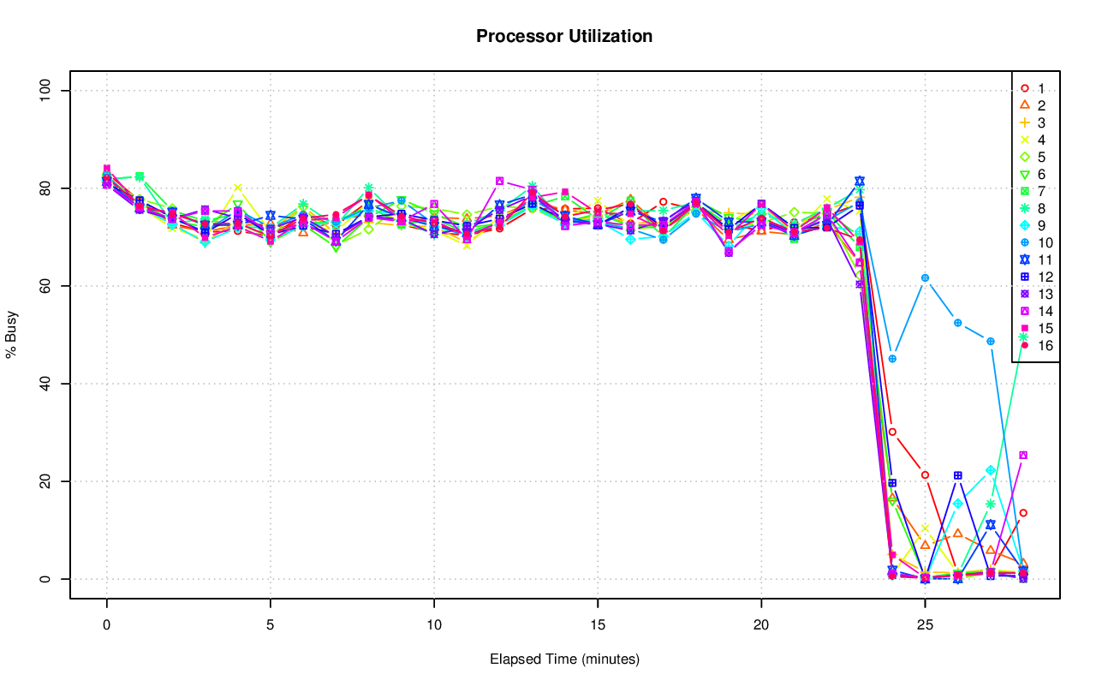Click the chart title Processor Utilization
click(564, 36)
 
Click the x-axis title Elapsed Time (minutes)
click(564, 659)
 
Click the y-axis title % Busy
click(12, 335)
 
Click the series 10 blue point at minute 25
click(925, 277)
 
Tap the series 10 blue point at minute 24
click(892, 358)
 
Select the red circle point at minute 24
click(892, 432)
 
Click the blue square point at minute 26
click(957, 475)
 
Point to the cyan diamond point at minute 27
click(991, 470)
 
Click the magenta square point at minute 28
click(1023, 455)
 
